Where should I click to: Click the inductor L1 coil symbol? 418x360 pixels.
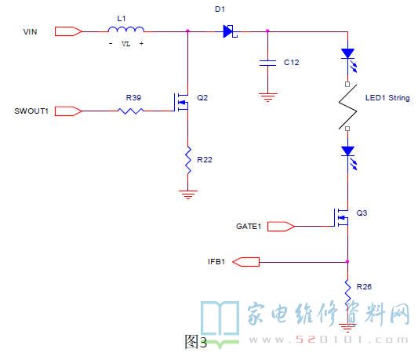[x=126, y=29]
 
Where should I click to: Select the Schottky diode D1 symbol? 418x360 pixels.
[x=230, y=31]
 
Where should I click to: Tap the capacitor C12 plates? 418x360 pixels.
[x=267, y=63]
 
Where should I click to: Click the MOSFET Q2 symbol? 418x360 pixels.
[x=181, y=102]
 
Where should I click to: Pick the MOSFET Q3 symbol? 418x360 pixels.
[x=341, y=217]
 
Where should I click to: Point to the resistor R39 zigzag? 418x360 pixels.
[x=131, y=111]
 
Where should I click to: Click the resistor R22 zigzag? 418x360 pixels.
[x=188, y=160]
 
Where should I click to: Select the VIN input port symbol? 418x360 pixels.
[x=68, y=31]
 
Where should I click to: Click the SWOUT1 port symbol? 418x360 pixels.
[x=68, y=111]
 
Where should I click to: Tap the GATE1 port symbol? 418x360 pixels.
[x=281, y=227]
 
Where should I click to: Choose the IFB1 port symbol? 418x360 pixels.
[x=245, y=262]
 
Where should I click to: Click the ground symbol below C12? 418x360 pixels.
[x=267, y=97]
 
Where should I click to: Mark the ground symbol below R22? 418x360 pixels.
[x=188, y=195]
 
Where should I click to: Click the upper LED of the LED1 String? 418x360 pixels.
[x=349, y=60]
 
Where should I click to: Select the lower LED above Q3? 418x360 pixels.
[x=349, y=158]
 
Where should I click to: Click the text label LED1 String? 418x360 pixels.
[x=387, y=98]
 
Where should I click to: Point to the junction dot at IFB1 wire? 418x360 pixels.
[x=347, y=262]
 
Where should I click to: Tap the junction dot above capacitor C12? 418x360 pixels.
[x=267, y=31]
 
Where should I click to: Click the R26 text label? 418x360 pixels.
[x=364, y=287]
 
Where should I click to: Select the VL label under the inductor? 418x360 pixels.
[x=125, y=44]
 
